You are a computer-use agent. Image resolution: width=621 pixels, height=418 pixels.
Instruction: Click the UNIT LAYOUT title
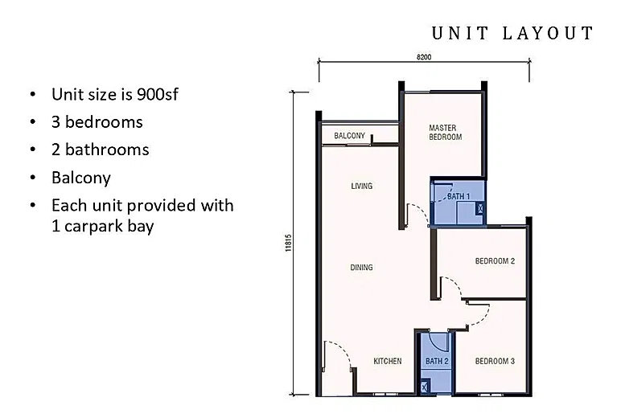coord(513,33)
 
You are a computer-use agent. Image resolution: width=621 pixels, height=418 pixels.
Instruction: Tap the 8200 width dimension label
coord(424,57)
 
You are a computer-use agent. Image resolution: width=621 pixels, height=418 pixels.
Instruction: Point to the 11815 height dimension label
coord(288,243)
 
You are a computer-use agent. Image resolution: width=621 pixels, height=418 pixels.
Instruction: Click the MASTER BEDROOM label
coord(445,133)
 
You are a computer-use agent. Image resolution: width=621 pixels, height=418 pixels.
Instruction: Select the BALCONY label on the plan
coord(349,136)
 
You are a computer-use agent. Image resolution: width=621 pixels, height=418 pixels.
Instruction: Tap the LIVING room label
coord(362,186)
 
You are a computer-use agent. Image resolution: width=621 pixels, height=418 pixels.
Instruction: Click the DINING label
coord(361,268)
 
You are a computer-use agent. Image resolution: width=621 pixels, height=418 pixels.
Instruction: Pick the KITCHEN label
coord(388,361)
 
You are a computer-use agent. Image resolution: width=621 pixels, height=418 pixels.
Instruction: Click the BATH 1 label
coord(459,196)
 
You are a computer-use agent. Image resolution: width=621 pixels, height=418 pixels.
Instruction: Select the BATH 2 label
coord(437,361)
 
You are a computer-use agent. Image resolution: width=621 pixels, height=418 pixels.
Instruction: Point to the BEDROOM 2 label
coord(495,261)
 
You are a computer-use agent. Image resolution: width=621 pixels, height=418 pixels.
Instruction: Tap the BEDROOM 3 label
coord(495,361)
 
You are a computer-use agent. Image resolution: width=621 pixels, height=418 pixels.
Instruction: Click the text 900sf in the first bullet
coord(157,94)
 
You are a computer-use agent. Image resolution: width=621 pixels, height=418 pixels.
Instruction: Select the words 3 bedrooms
coord(97,122)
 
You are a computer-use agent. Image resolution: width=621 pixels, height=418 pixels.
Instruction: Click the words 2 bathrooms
coord(101,150)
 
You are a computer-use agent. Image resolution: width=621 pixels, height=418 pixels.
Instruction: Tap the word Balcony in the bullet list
coord(81,178)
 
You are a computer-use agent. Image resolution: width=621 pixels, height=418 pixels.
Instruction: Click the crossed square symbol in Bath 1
coord(480,208)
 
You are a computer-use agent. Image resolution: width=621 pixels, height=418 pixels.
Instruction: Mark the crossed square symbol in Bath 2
coord(425,387)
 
